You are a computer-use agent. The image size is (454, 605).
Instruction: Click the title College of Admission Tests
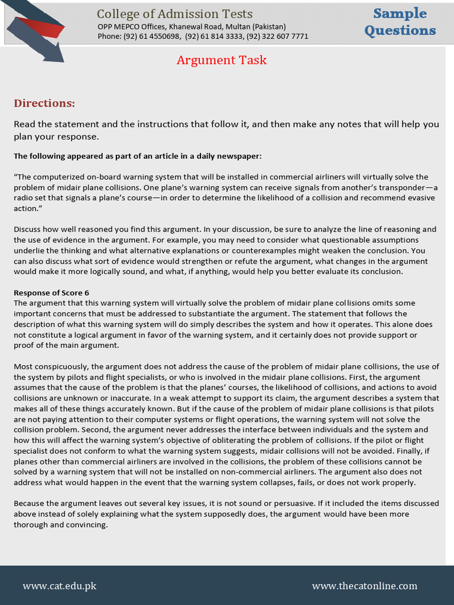[x=174, y=14]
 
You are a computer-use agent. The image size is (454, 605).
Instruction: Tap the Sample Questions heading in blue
[x=400, y=22]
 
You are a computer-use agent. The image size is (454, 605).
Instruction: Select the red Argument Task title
[x=222, y=60]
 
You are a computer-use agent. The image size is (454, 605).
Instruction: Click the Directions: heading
[x=44, y=103]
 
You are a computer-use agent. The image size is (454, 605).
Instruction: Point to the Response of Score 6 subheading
[x=51, y=292]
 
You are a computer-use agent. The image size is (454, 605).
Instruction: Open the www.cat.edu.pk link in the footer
[x=59, y=586]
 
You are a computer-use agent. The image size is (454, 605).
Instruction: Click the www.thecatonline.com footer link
[x=364, y=586]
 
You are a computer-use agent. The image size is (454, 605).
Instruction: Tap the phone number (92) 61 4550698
[x=151, y=36]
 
